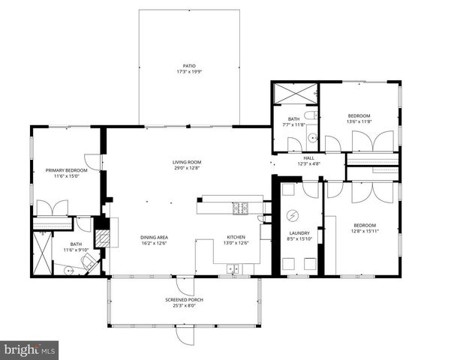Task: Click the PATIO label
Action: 189,66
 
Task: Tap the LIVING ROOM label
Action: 187,162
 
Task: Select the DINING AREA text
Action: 154,238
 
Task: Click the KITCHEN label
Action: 236,237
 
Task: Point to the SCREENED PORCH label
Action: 184,300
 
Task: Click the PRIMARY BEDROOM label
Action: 67,170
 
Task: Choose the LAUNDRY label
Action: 299,233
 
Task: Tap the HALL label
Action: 308,158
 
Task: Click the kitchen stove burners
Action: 240,208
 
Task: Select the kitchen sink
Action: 233,268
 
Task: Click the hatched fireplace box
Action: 103,238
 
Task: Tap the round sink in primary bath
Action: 69,270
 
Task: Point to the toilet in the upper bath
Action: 311,115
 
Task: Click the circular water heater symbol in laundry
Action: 293,215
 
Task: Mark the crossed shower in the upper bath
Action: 295,93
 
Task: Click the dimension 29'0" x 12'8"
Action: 187,168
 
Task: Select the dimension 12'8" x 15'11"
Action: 365,231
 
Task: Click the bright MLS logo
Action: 29,350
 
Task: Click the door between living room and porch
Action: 185,286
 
